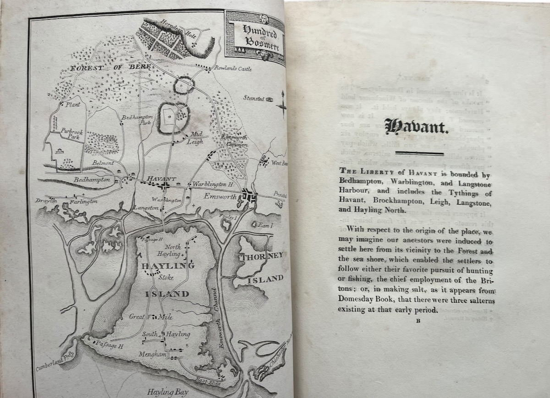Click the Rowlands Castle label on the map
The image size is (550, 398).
(x=232, y=69)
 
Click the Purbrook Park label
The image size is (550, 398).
(x=71, y=133)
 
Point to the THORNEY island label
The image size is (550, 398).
(x=261, y=256)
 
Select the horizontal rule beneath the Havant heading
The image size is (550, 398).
(x=419, y=153)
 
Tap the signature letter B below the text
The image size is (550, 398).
(x=417, y=321)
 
